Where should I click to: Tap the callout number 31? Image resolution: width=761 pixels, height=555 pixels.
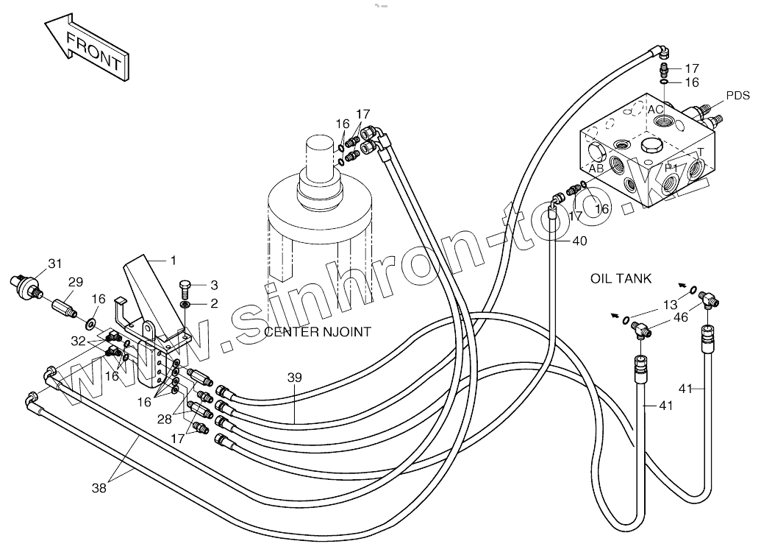[55, 264]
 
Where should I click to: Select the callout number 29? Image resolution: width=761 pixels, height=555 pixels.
[76, 282]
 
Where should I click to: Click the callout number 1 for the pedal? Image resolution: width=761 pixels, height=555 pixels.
[173, 260]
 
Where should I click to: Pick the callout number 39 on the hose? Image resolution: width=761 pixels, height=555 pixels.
[294, 377]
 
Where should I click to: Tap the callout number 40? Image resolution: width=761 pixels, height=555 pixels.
[579, 241]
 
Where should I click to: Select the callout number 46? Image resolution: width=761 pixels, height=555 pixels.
[682, 318]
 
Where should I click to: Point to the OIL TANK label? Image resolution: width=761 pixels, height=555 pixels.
[621, 278]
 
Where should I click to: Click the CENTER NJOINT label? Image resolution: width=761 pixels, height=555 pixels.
[318, 332]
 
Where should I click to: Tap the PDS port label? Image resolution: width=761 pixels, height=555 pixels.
[737, 96]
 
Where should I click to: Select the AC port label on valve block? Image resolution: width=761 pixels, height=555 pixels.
[656, 110]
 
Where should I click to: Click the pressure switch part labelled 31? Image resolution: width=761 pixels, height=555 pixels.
[26, 283]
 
